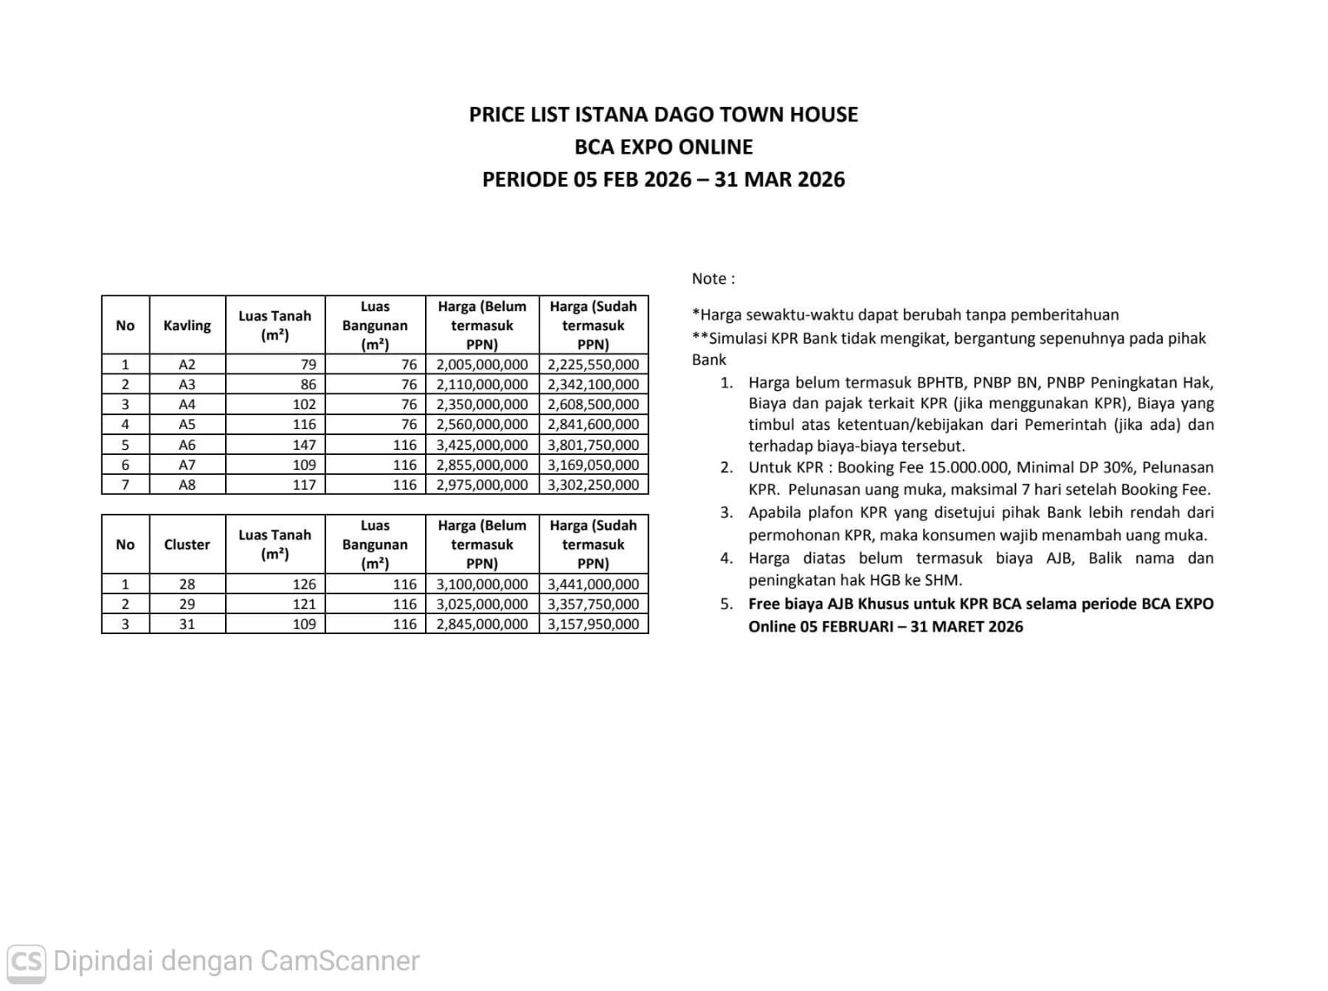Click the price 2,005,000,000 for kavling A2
(x=482, y=364)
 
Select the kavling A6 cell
(x=187, y=445)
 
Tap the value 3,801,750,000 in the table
(x=593, y=445)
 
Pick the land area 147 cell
(x=304, y=445)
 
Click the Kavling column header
(x=187, y=325)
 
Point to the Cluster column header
(x=187, y=544)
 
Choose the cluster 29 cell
(x=187, y=604)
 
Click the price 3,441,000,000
(x=593, y=584)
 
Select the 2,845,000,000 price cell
(x=482, y=624)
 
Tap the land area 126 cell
(x=304, y=584)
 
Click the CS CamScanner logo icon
(x=26, y=961)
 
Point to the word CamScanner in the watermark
(x=339, y=961)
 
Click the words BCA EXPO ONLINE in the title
(x=663, y=147)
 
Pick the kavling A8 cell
(x=187, y=485)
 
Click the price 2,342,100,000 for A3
(x=593, y=384)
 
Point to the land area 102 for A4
(x=304, y=404)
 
